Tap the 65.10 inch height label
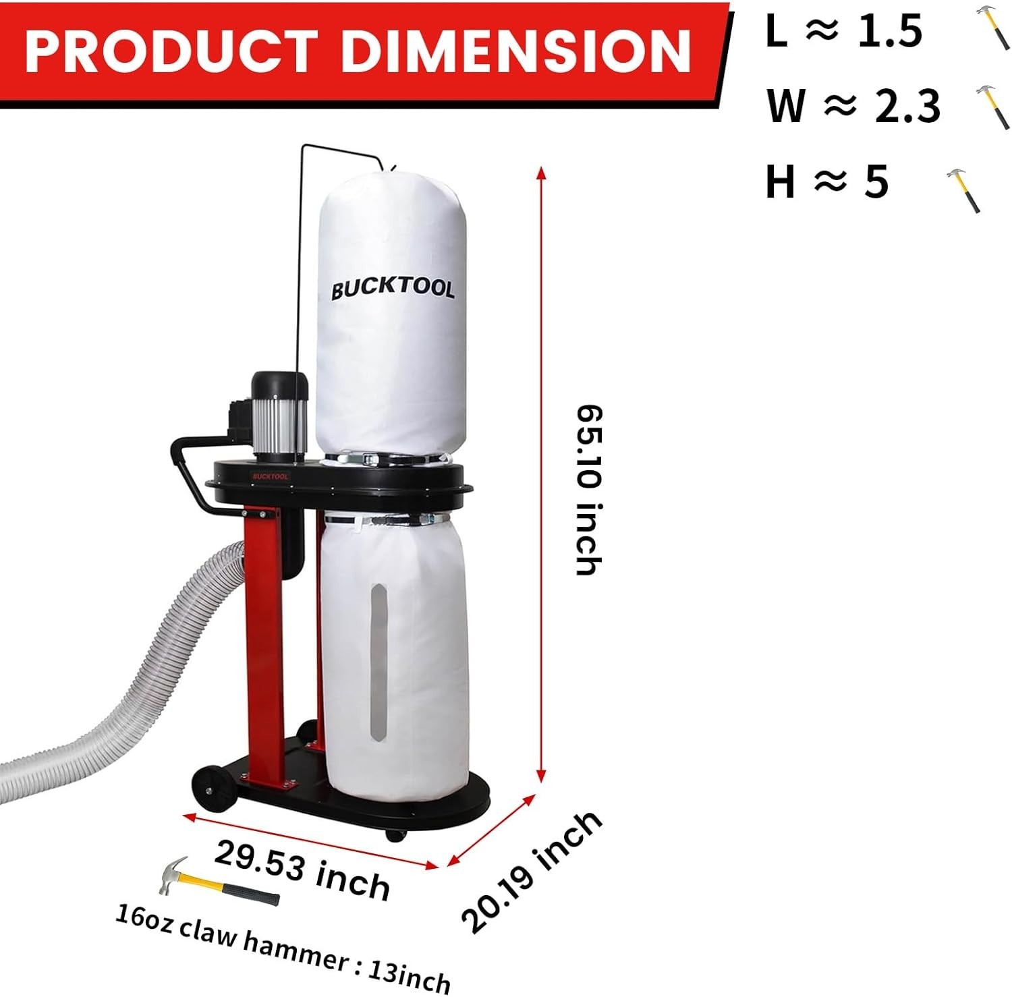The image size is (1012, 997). click(588, 490)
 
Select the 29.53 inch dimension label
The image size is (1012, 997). click(302, 870)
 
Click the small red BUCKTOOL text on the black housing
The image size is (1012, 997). click(271, 476)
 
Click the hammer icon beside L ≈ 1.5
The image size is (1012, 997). click(992, 27)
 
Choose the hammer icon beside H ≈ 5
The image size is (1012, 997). click(963, 190)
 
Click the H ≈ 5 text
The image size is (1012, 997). click(827, 182)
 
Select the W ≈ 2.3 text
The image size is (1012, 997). click(853, 106)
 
